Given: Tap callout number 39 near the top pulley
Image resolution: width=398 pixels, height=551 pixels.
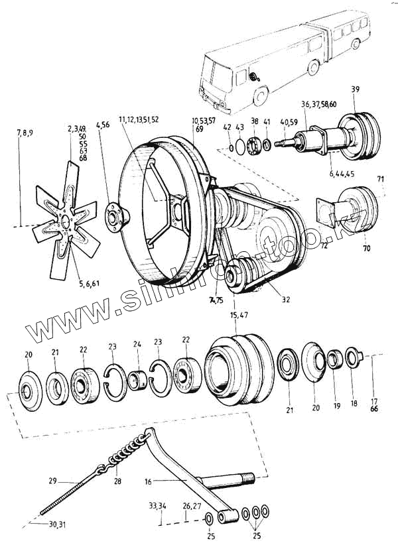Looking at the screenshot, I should pyautogui.click(x=355, y=90).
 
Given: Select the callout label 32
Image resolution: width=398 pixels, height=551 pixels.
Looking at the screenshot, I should pyautogui.click(x=286, y=299).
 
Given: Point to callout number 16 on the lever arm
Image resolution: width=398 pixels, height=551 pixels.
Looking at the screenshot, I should pyautogui.click(x=148, y=483).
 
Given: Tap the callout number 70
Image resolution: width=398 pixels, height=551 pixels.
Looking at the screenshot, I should pyautogui.click(x=367, y=249).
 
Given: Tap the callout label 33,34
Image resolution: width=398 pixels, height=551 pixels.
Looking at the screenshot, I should pyautogui.click(x=157, y=506).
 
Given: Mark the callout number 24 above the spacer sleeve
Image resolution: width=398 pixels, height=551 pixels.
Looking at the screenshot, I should pyautogui.click(x=137, y=344).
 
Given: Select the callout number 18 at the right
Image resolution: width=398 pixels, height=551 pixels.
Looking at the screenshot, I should pyautogui.click(x=352, y=402).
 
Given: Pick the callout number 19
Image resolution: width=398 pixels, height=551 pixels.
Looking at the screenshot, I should pyautogui.click(x=336, y=405).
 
